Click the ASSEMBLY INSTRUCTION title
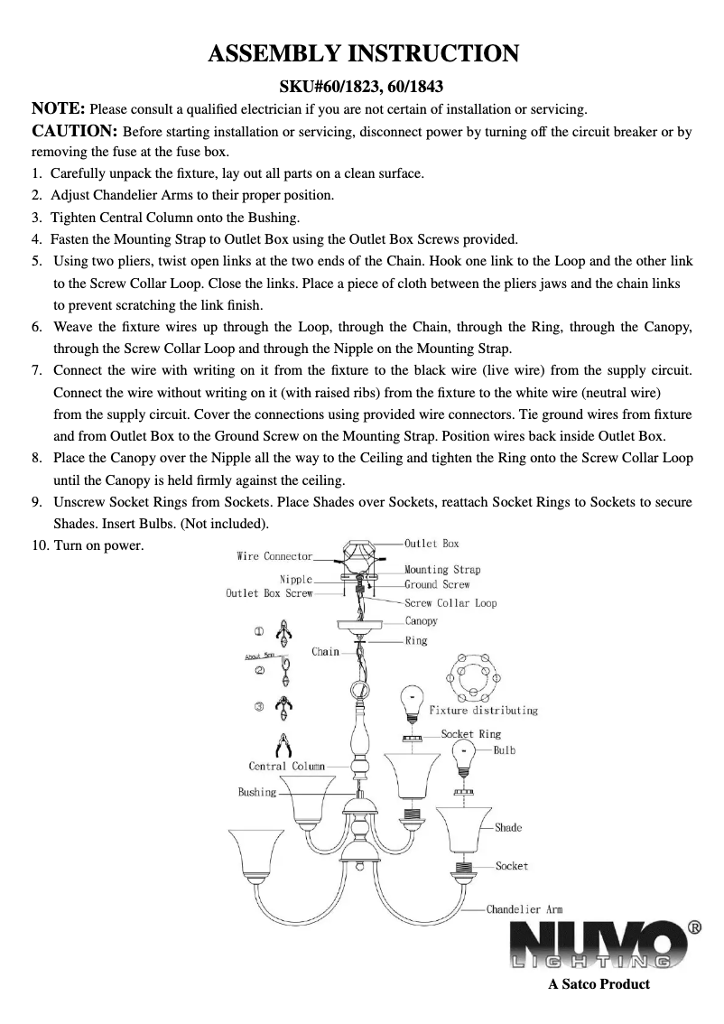(x=363, y=54)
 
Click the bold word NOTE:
(x=59, y=109)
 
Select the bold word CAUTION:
(x=74, y=131)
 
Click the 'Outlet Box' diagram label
(x=432, y=544)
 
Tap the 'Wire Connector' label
(x=274, y=556)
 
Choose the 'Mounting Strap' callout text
(x=442, y=570)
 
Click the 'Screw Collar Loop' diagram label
(x=450, y=603)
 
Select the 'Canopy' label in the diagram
(x=421, y=621)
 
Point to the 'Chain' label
(x=325, y=651)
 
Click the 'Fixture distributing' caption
(x=483, y=711)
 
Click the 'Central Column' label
(x=286, y=766)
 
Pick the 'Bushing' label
(x=257, y=792)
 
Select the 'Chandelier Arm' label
(x=524, y=909)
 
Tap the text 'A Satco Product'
(x=599, y=984)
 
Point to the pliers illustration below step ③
(x=284, y=746)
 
